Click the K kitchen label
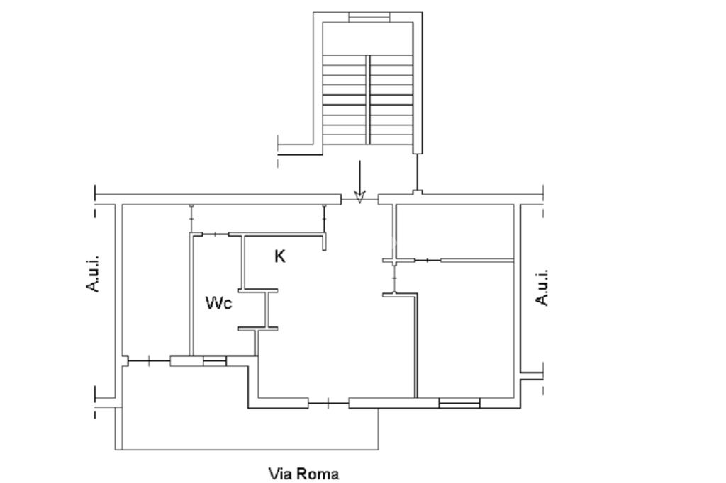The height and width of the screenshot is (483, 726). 279,256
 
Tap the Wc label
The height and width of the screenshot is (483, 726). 218,303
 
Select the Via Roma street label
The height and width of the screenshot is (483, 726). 303,474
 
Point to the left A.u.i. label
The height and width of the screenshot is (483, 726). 93,273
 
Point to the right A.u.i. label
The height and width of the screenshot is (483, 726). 542,287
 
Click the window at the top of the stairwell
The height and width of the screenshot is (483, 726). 369,18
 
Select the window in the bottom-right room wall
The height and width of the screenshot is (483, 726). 459,404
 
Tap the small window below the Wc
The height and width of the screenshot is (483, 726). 214,361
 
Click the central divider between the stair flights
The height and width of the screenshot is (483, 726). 368,99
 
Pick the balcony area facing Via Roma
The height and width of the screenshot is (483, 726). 250,428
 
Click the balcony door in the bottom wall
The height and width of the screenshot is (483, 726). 328,404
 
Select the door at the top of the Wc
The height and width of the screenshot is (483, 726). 216,234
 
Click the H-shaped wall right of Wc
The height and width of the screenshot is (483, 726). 258,309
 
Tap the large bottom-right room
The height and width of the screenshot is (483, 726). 465,330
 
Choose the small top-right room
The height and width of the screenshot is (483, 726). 456,232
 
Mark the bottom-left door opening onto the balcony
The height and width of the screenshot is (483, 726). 149,361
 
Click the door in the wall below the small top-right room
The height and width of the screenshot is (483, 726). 428,261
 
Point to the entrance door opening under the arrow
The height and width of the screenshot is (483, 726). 359,200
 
